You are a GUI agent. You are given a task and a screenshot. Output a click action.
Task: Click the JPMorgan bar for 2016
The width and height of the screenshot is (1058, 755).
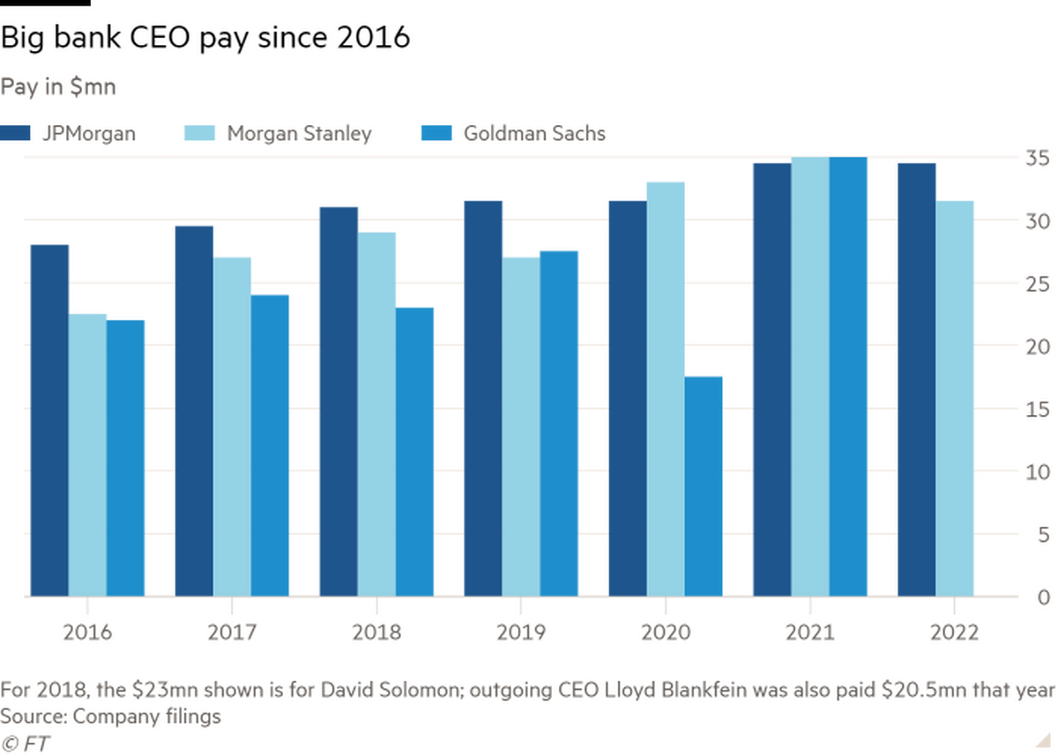(49, 418)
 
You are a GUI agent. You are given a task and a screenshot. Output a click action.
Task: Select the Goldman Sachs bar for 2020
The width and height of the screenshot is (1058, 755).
(704, 485)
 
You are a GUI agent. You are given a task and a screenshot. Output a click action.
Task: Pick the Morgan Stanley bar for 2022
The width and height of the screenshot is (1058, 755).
(956, 396)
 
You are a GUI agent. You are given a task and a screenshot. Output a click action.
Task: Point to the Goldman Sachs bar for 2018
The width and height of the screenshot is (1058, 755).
(415, 450)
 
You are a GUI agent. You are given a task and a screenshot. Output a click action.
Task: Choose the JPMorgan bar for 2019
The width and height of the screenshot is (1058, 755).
(483, 396)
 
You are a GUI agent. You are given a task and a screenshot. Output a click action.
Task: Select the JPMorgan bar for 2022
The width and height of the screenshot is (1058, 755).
(917, 379)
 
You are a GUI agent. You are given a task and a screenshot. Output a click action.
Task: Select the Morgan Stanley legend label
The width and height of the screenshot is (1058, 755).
(301, 133)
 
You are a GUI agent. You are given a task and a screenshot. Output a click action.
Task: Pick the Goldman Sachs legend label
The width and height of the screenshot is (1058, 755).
(533, 133)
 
